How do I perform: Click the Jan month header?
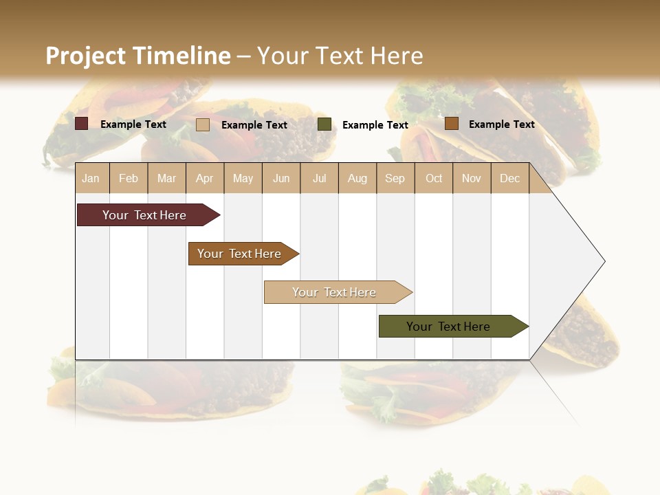tap(91, 178)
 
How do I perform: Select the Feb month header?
tap(129, 178)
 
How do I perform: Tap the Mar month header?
tap(166, 178)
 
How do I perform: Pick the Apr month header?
tap(204, 178)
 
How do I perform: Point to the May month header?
tap(243, 178)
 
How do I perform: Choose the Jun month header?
tap(281, 178)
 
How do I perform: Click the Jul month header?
tap(319, 178)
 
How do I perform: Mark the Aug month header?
tap(357, 178)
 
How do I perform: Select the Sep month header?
tap(395, 178)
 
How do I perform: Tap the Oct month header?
tap(434, 178)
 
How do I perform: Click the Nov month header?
tap(472, 178)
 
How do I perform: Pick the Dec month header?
tap(510, 178)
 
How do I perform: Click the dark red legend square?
tap(81, 124)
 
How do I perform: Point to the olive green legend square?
tap(324, 124)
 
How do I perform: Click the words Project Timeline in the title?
tap(138, 56)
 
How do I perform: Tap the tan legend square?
tap(203, 124)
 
